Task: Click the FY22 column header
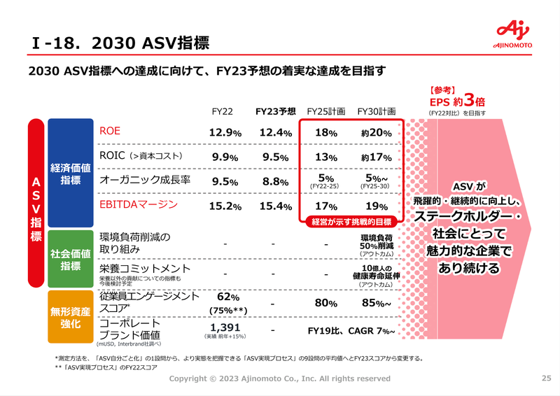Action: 225,111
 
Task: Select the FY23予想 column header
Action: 274,111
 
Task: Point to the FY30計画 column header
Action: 377,111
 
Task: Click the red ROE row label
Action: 111,131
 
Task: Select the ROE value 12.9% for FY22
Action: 225,132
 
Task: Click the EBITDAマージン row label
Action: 139,205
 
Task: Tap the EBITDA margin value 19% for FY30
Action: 377,206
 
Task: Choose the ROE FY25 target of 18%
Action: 326,132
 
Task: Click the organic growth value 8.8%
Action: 274,181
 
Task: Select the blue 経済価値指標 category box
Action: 70,174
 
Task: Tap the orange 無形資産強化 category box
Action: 70,318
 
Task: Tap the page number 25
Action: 546,379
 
